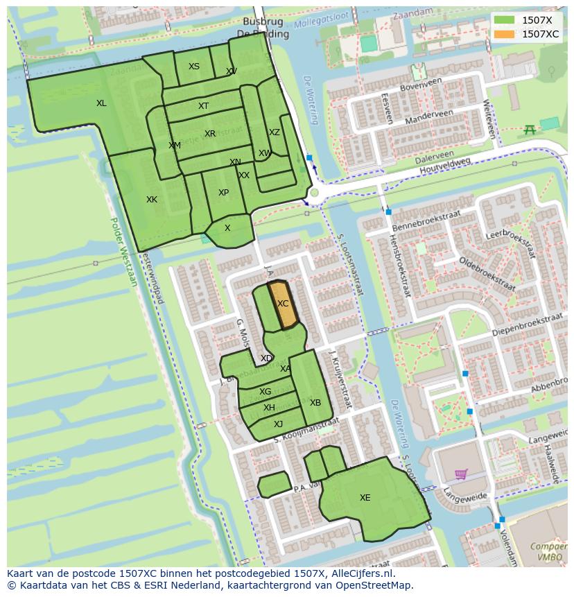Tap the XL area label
pyautogui.click(x=101, y=103)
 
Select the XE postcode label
pyautogui.click(x=365, y=497)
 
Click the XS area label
pyautogui.click(x=194, y=67)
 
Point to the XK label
pyautogui.click(x=152, y=200)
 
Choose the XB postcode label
pyautogui.click(x=315, y=403)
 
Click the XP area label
pyautogui.click(x=223, y=193)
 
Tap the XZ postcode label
pyautogui.click(x=275, y=132)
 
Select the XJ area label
pyautogui.click(x=278, y=424)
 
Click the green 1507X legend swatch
pyautogui.click(x=505, y=20)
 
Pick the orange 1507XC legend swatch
pyautogui.click(x=505, y=33)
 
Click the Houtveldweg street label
pyautogui.click(x=443, y=166)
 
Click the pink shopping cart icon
pyautogui.click(x=460, y=474)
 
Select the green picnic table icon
pyautogui.click(x=530, y=129)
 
